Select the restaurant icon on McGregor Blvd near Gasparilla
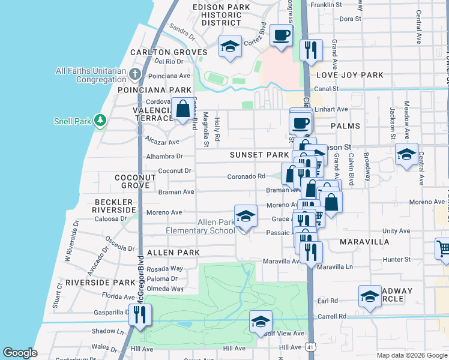140,314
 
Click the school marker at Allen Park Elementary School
245,217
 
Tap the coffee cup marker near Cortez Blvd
280,35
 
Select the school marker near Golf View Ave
261,322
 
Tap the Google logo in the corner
20,353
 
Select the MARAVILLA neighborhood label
364,242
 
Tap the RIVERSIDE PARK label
101,282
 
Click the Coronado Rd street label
246,176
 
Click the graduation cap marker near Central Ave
406,155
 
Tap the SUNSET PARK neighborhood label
259,155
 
